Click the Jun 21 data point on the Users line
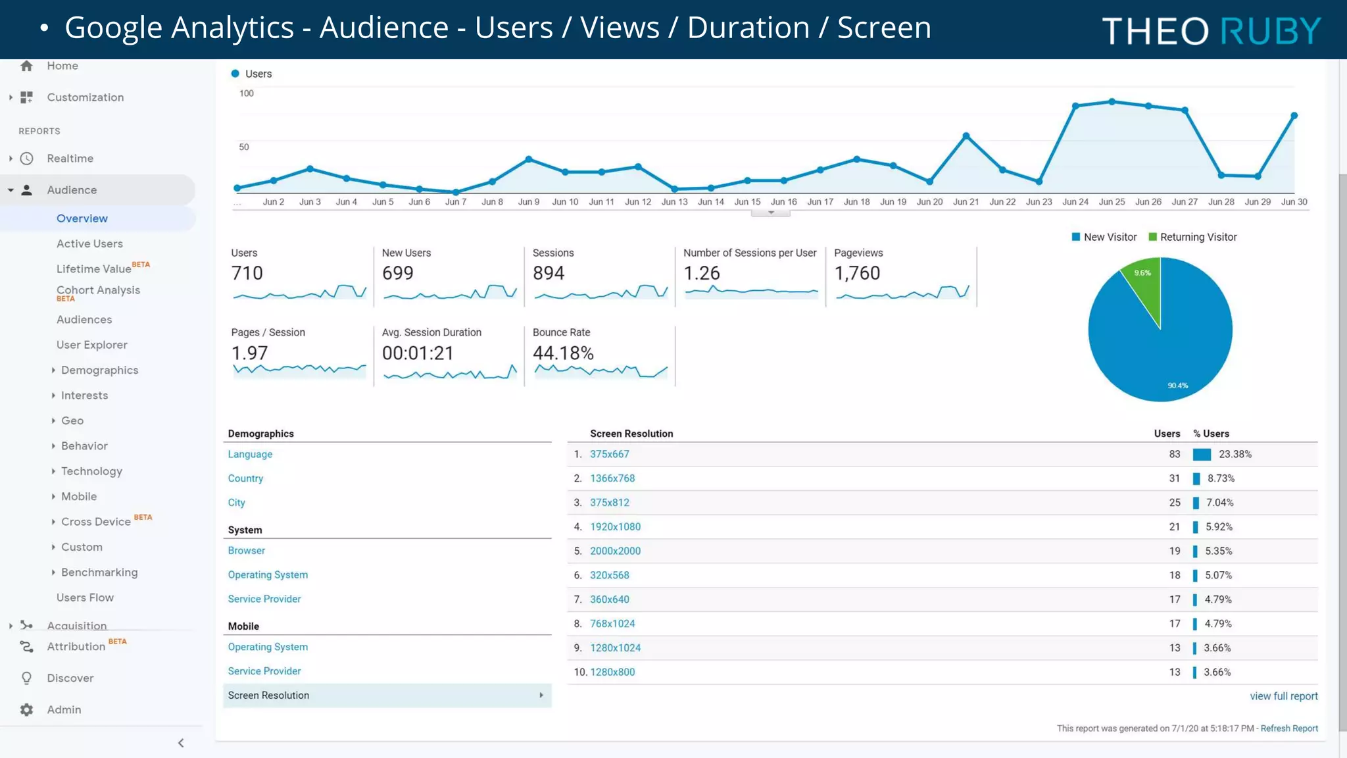pyautogui.click(x=966, y=136)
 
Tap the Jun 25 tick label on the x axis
pyautogui.click(x=1112, y=202)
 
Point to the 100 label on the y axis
pyautogui.click(x=246, y=93)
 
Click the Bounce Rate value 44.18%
pyautogui.click(x=563, y=353)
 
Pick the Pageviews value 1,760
pyautogui.click(x=857, y=273)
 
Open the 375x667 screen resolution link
pyautogui.click(x=609, y=454)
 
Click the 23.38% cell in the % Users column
pyautogui.click(x=1235, y=454)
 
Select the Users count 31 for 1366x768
pyautogui.click(x=1174, y=478)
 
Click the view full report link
pyautogui.click(x=1283, y=696)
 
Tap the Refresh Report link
pyautogui.click(x=1288, y=728)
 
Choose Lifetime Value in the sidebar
pyautogui.click(x=93, y=268)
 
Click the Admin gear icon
pyautogui.click(x=26, y=709)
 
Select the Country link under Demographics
pyautogui.click(x=245, y=478)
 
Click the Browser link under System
pyautogui.click(x=246, y=551)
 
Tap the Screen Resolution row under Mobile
pyautogui.click(x=387, y=695)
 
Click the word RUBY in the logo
pyautogui.click(x=1270, y=31)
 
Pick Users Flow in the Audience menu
pyautogui.click(x=85, y=597)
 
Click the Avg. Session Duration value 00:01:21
pyautogui.click(x=418, y=353)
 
